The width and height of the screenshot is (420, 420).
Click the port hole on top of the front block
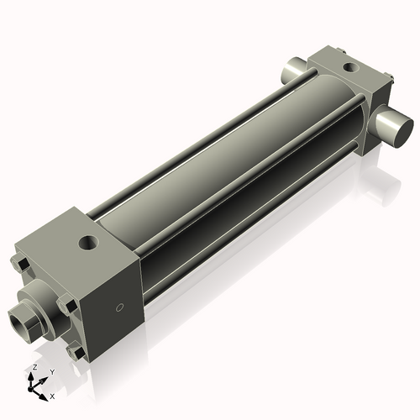87,244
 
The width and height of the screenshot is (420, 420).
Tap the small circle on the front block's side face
119,307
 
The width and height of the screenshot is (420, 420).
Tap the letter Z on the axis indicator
34,368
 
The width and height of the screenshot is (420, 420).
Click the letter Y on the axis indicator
51,371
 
